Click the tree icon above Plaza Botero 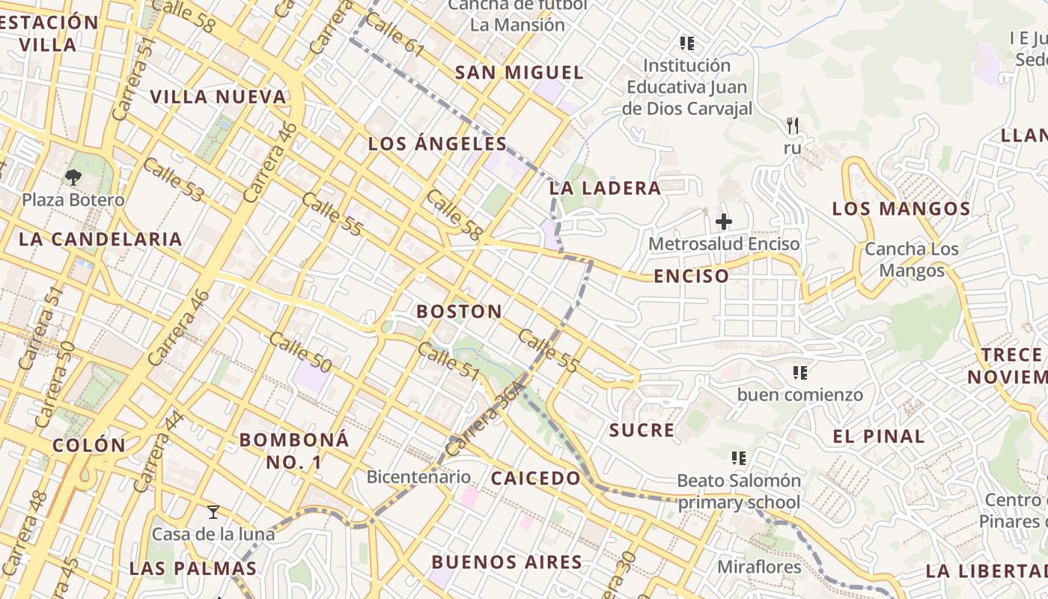(x=73, y=177)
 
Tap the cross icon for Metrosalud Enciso (x=723, y=222)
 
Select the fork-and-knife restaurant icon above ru (x=793, y=126)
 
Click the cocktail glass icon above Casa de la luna (x=213, y=512)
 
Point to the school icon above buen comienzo (x=799, y=372)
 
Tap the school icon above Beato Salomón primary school (x=739, y=457)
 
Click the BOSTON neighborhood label (x=459, y=311)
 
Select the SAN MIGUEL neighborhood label (x=519, y=73)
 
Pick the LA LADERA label (x=605, y=188)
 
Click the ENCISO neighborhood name (x=691, y=276)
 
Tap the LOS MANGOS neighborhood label (x=901, y=209)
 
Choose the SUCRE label (x=642, y=431)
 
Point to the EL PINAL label (x=879, y=437)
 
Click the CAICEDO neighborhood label (x=535, y=478)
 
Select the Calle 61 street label (x=395, y=37)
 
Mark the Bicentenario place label (x=418, y=477)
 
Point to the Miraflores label (x=759, y=567)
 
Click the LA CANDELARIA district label (x=100, y=240)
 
